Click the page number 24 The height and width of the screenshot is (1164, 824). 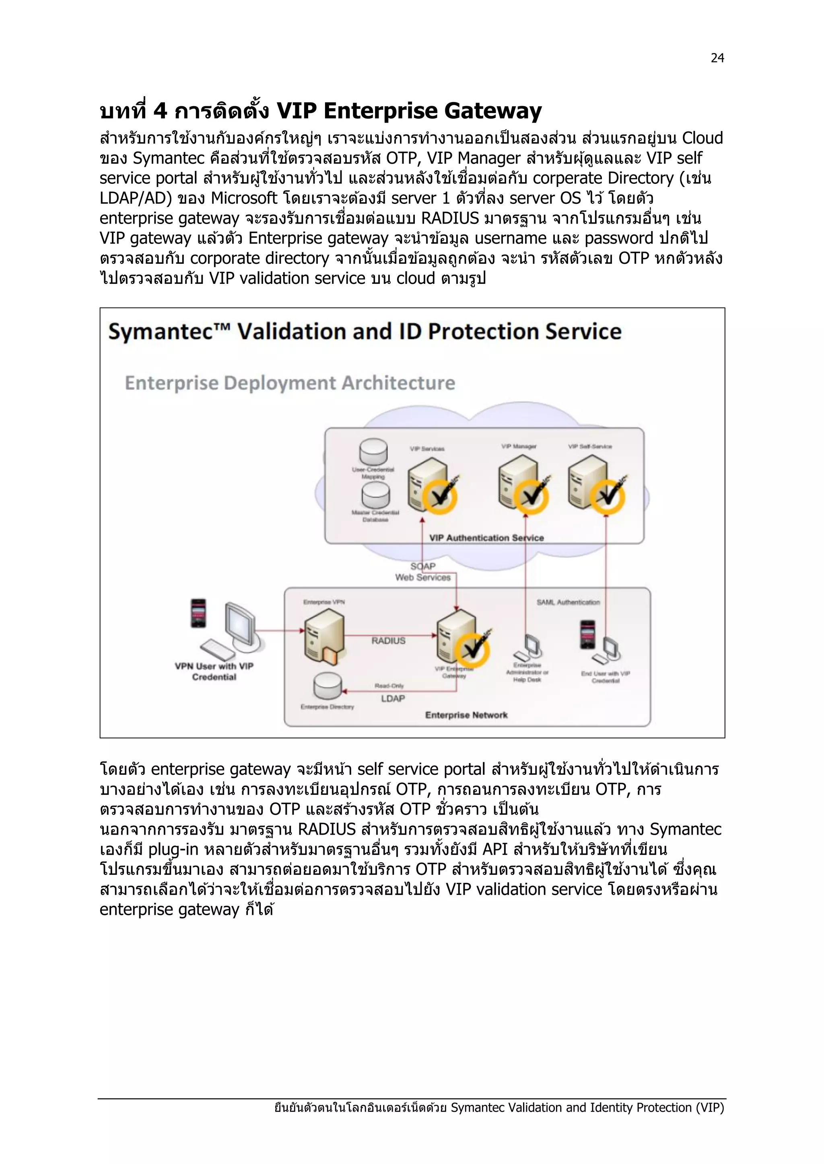coord(717,58)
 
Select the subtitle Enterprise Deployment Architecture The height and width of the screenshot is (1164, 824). coord(290,383)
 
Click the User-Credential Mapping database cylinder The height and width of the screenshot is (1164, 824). coord(373,451)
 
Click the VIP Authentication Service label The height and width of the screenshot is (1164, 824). coord(486,538)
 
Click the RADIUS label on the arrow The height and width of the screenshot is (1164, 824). coord(388,641)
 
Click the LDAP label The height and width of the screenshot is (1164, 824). coord(393,699)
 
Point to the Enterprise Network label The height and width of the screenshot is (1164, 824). coord(466,715)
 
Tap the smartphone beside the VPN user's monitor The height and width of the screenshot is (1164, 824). coord(198,614)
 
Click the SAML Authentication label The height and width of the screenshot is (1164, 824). coord(568,602)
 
